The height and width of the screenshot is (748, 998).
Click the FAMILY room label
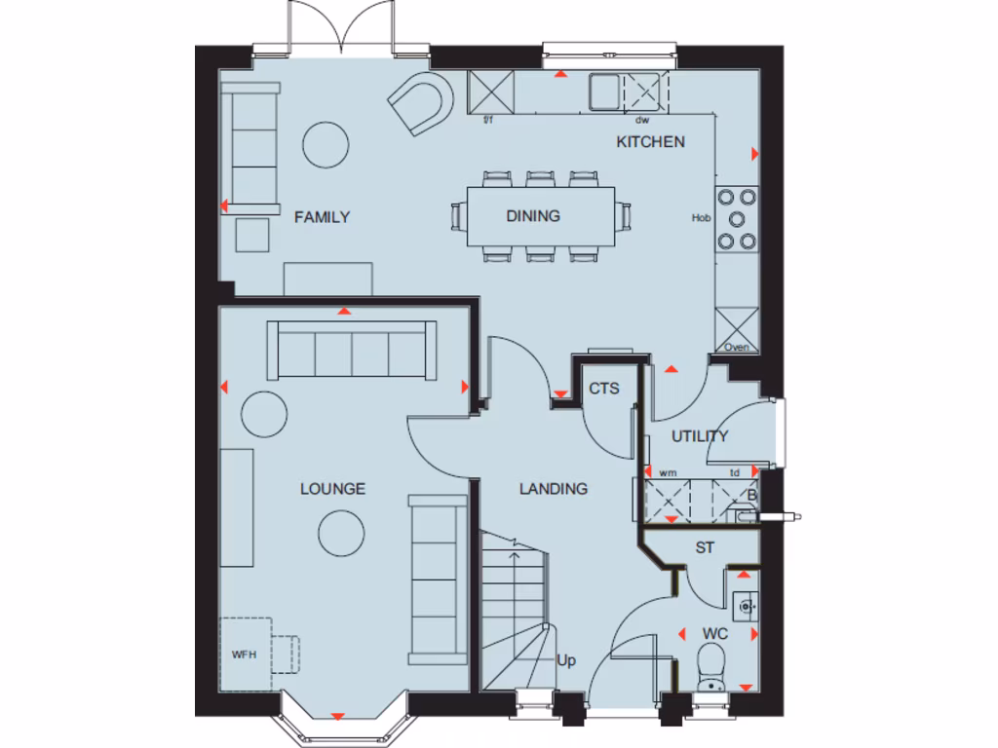(322, 217)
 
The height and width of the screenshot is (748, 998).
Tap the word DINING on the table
(533, 216)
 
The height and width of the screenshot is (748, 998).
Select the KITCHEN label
(650, 142)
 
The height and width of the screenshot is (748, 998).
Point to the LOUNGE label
(332, 489)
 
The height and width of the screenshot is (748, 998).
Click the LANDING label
(553, 489)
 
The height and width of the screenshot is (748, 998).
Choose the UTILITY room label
(699, 435)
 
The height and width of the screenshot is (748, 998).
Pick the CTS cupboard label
(603, 389)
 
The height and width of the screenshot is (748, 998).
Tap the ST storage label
(705, 548)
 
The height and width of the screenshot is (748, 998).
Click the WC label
(715, 634)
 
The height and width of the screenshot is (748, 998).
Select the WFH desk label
(244, 654)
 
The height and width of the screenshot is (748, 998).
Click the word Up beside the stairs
(566, 661)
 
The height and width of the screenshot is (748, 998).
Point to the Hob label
(701, 218)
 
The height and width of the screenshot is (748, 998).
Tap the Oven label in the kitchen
(737, 347)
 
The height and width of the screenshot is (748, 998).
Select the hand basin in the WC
(746, 606)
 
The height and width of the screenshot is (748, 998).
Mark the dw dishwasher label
(641, 121)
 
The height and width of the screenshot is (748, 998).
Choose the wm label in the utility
(668, 473)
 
